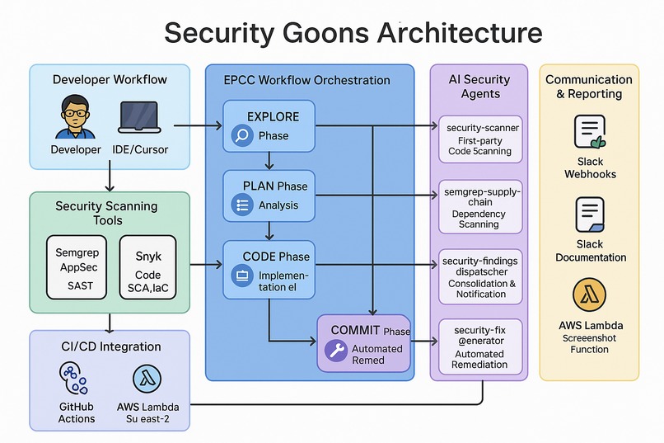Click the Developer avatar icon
[71, 117]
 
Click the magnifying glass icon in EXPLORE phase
[242, 135]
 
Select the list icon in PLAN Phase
[242, 205]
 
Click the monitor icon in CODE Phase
[242, 275]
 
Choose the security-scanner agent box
[479, 139]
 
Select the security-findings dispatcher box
[479, 277]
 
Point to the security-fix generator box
[479, 346]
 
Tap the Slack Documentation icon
[589, 215]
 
